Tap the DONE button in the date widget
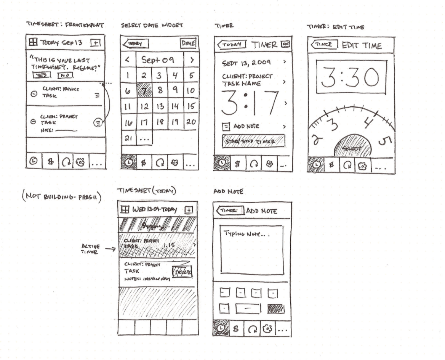pos(189,44)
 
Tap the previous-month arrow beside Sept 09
pos(128,59)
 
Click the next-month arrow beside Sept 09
pos(191,59)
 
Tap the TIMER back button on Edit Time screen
pos(325,45)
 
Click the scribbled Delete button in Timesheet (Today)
pos(184,272)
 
